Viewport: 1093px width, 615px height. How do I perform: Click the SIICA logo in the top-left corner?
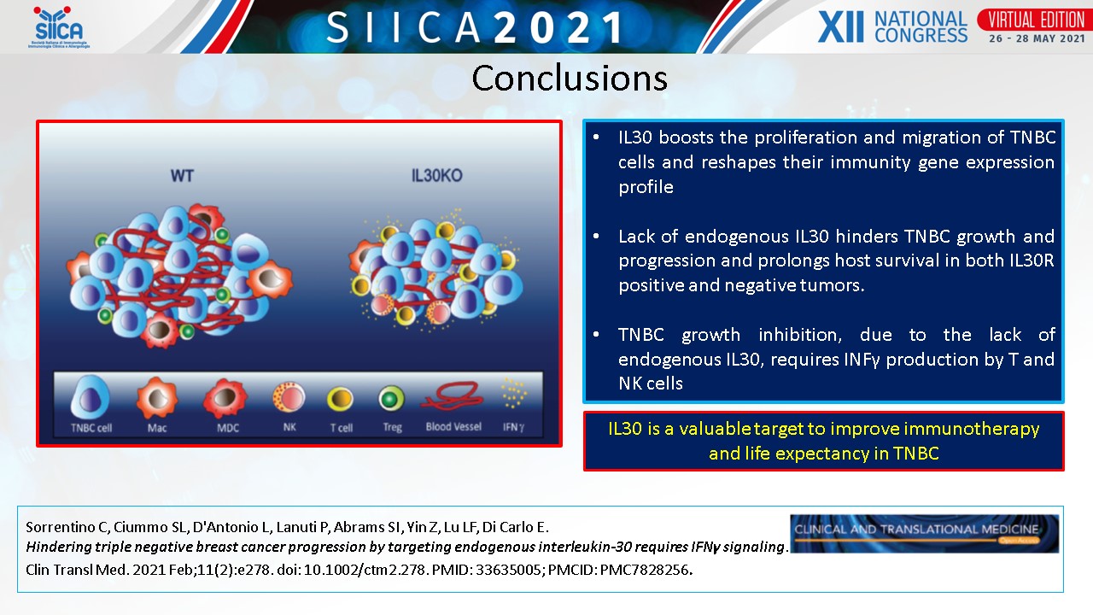pyautogui.click(x=59, y=27)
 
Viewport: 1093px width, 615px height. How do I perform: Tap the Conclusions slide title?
pyautogui.click(x=570, y=78)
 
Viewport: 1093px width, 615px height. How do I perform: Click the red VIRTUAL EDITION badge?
pyautogui.click(x=1037, y=20)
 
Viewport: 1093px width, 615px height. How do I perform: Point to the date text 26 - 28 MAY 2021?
pyautogui.click(x=1037, y=38)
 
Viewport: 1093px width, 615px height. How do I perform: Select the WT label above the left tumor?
pyautogui.click(x=182, y=176)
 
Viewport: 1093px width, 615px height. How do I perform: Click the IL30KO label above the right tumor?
pyautogui.click(x=436, y=176)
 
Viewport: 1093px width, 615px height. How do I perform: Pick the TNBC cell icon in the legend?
pyautogui.click(x=90, y=398)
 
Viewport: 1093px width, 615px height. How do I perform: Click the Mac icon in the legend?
pyautogui.click(x=157, y=398)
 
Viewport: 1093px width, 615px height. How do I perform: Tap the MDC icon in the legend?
pyautogui.click(x=225, y=398)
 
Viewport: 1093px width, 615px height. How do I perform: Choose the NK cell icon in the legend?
pyautogui.click(x=289, y=397)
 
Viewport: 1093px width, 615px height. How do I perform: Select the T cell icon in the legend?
pyautogui.click(x=340, y=399)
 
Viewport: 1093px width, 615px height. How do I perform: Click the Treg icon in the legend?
pyautogui.click(x=391, y=399)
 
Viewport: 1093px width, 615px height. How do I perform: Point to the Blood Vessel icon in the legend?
pyautogui.click(x=453, y=396)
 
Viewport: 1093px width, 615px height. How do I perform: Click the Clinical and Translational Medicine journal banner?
pyautogui.click(x=924, y=534)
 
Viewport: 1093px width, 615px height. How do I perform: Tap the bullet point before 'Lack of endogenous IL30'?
pyautogui.click(x=596, y=237)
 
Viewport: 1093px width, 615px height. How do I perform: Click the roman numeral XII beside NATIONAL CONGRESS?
pyautogui.click(x=840, y=26)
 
